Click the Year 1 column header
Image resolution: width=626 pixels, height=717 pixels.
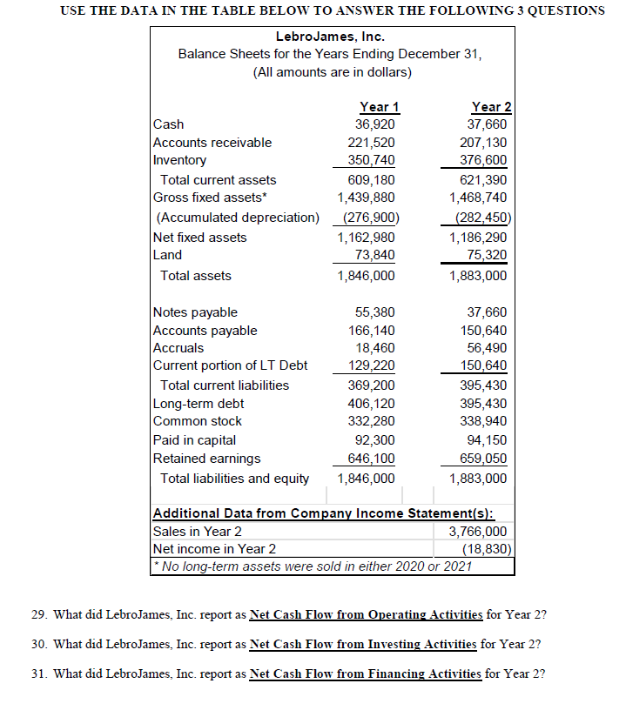(x=379, y=107)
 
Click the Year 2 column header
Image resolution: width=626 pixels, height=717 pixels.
(x=491, y=107)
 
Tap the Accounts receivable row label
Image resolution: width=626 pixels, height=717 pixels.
(x=212, y=143)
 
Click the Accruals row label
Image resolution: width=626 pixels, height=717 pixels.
(x=178, y=348)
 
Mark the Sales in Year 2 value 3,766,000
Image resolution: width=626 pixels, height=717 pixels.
(x=479, y=532)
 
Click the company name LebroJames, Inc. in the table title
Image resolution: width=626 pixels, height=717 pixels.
(x=330, y=37)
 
